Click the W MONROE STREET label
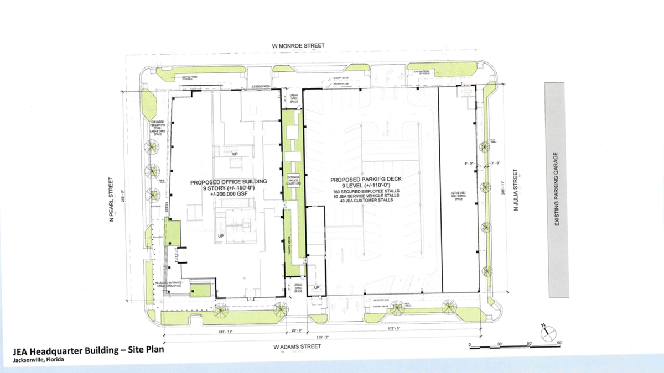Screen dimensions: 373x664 tap(302, 46)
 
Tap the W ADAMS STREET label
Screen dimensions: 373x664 tap(297, 347)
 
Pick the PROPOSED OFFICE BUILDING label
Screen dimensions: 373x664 tap(229, 181)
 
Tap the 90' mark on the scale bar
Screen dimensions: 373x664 tap(559, 343)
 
